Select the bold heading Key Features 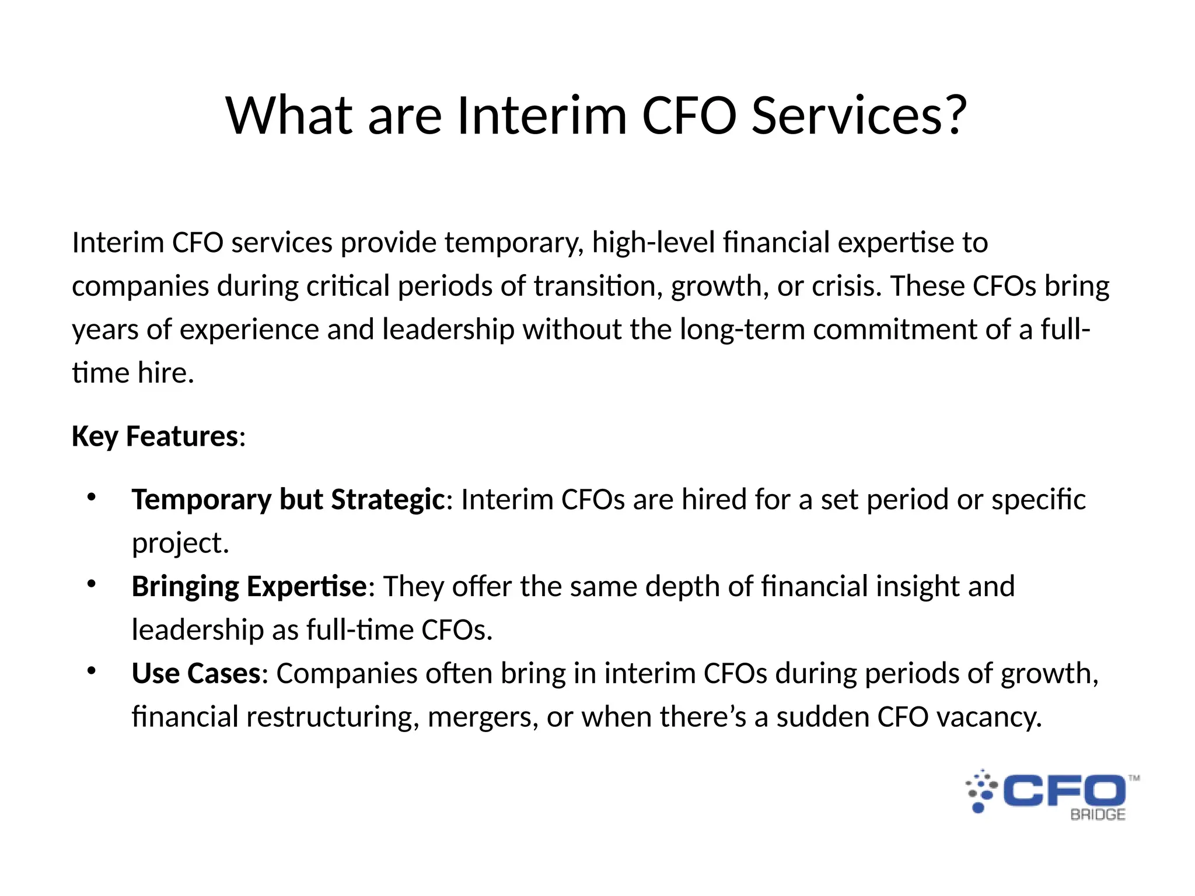tap(155, 436)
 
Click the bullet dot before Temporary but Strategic tap(91, 498)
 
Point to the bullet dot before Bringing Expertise tap(91, 584)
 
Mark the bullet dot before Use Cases tap(91, 671)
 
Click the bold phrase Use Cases tap(196, 673)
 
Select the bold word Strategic tap(388, 500)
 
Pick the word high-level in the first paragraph tap(654, 243)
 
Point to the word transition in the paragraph tap(597, 286)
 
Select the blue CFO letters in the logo tap(1064, 791)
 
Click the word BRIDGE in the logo tap(1097, 815)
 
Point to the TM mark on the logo tap(1134, 778)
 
